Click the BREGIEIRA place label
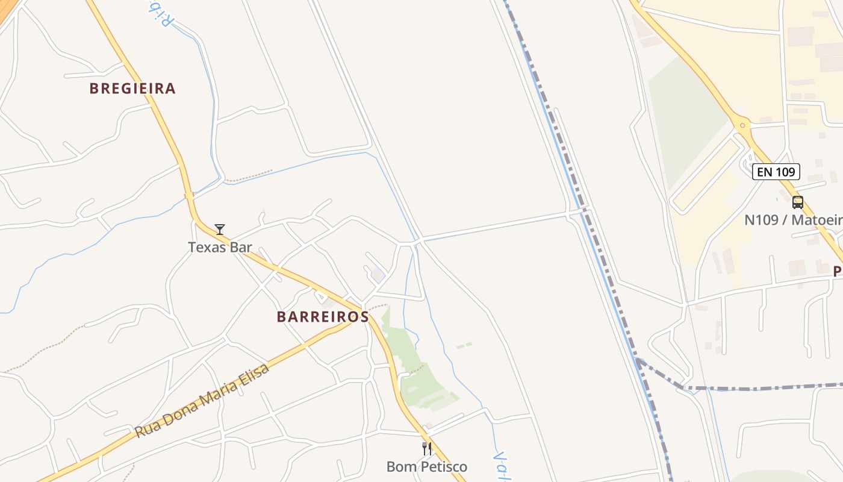132,89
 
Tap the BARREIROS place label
323,317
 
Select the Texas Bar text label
220,247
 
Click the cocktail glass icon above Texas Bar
220,230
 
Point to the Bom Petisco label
426,466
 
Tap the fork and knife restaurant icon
427,448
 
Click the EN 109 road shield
776,172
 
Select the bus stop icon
797,202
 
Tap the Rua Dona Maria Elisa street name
202,401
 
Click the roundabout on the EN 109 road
742,127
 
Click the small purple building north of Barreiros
378,275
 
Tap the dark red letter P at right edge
837,272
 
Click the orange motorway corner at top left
6,9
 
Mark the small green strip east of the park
464,345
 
